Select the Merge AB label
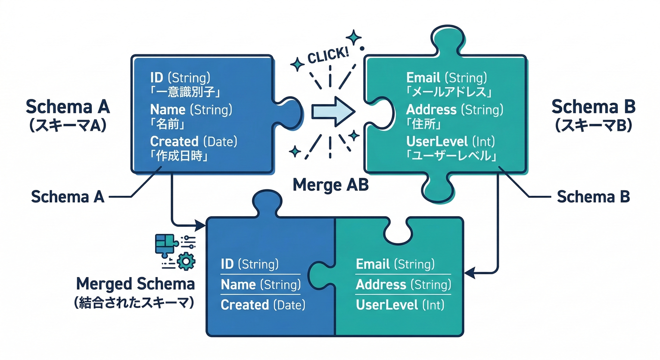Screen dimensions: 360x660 point(330,185)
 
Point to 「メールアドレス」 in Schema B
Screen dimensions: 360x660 point(449,91)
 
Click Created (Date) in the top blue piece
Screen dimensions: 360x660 point(194,141)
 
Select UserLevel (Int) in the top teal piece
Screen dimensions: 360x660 point(450,141)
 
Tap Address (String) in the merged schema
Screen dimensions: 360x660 point(403,285)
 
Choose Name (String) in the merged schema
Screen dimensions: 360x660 point(260,285)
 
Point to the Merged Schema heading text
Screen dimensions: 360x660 point(135,284)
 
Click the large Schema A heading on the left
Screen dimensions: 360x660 point(67,107)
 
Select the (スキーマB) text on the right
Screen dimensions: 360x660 point(593,125)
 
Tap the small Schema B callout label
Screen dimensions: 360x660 point(592,197)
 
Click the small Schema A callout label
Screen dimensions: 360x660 point(67,197)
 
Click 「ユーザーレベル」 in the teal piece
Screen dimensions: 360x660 point(451,156)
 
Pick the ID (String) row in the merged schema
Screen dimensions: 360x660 point(250,264)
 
